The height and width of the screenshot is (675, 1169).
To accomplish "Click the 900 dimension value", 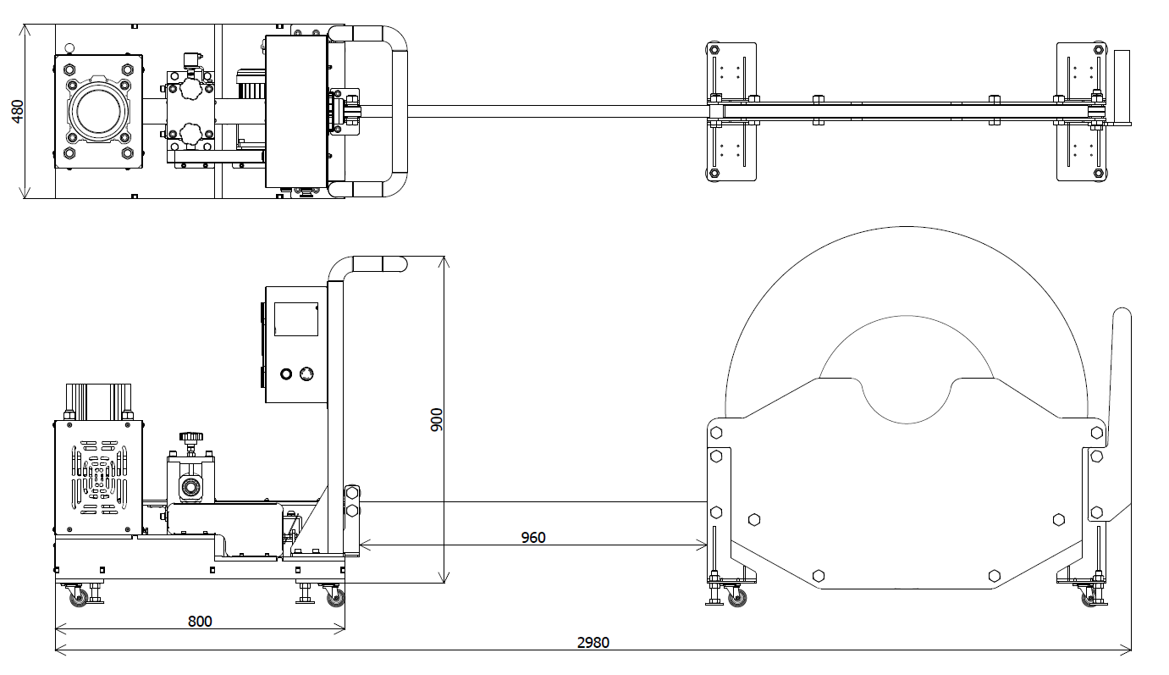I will tap(437, 419).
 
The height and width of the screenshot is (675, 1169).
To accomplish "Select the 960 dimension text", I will tap(532, 537).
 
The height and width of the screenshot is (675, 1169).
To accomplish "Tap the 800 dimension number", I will tap(199, 621).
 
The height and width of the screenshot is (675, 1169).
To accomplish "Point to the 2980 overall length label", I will tap(593, 642).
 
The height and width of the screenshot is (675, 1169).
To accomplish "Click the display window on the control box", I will tap(295, 318).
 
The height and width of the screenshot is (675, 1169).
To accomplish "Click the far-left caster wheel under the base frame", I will tap(79, 597).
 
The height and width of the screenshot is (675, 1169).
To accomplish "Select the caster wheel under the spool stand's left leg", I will tap(736, 598).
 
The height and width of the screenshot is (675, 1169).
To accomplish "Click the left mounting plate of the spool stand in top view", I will tap(731, 111).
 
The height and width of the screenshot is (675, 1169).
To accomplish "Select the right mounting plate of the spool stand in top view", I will tap(1082, 111).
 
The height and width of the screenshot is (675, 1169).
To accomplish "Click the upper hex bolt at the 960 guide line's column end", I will tap(352, 493).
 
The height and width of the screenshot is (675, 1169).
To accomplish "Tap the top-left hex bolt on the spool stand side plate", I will tap(717, 433).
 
